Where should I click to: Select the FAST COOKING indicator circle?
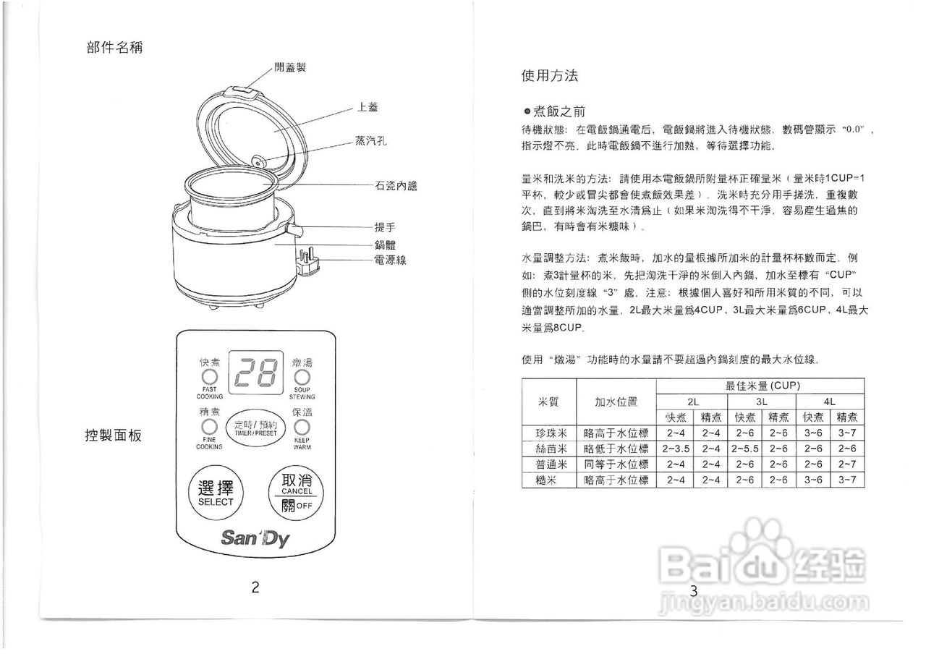(x=209, y=378)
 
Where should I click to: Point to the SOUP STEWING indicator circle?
(x=302, y=378)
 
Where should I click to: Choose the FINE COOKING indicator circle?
(x=209, y=427)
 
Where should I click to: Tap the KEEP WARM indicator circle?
(x=302, y=427)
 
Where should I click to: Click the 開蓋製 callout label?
(x=291, y=67)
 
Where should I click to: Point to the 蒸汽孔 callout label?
(x=370, y=142)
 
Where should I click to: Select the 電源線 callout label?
(x=390, y=260)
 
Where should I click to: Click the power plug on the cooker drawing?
(x=307, y=263)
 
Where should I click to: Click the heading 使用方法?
(x=549, y=75)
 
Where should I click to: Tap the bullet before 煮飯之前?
(x=527, y=112)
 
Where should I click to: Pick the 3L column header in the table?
(x=761, y=402)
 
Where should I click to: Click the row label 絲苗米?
(x=549, y=449)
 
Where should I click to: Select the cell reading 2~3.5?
(x=675, y=449)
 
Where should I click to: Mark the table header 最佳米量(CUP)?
(x=760, y=386)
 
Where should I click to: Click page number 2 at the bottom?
(x=255, y=587)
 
